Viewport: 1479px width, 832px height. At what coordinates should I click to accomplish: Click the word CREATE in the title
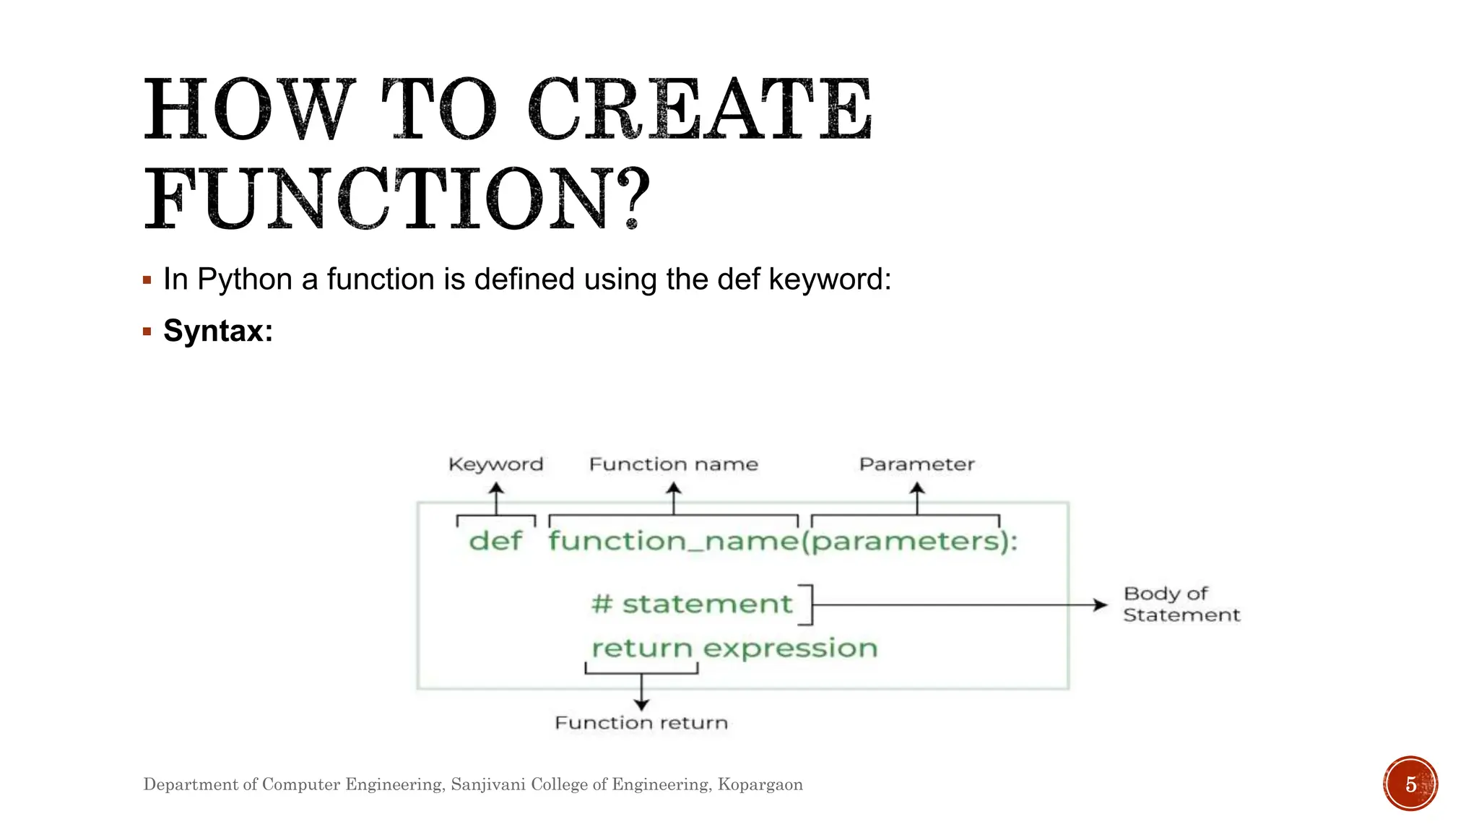click(701, 110)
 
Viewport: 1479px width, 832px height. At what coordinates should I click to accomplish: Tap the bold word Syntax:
click(218, 331)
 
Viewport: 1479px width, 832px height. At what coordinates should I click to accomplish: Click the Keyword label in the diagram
click(495, 464)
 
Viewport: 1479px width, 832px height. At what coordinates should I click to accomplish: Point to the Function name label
click(673, 464)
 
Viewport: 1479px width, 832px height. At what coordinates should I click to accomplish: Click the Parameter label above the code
click(916, 464)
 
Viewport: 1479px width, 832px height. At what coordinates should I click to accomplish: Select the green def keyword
click(495, 540)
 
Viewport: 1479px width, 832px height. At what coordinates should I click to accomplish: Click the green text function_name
click(673, 541)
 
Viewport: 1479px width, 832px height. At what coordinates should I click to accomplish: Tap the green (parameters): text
click(909, 542)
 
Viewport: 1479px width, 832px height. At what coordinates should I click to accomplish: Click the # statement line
click(692, 604)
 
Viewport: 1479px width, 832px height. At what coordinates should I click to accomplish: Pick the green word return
click(642, 648)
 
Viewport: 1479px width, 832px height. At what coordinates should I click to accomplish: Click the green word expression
click(790, 649)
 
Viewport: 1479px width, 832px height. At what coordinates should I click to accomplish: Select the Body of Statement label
click(1181, 604)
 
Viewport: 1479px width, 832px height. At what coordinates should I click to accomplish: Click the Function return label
click(641, 723)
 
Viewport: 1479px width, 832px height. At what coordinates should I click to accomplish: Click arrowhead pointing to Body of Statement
click(1101, 605)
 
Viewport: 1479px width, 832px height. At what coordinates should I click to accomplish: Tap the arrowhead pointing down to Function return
click(641, 704)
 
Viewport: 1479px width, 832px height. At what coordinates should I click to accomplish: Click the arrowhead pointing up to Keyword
click(496, 488)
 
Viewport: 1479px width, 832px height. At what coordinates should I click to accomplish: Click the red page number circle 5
click(1410, 784)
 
